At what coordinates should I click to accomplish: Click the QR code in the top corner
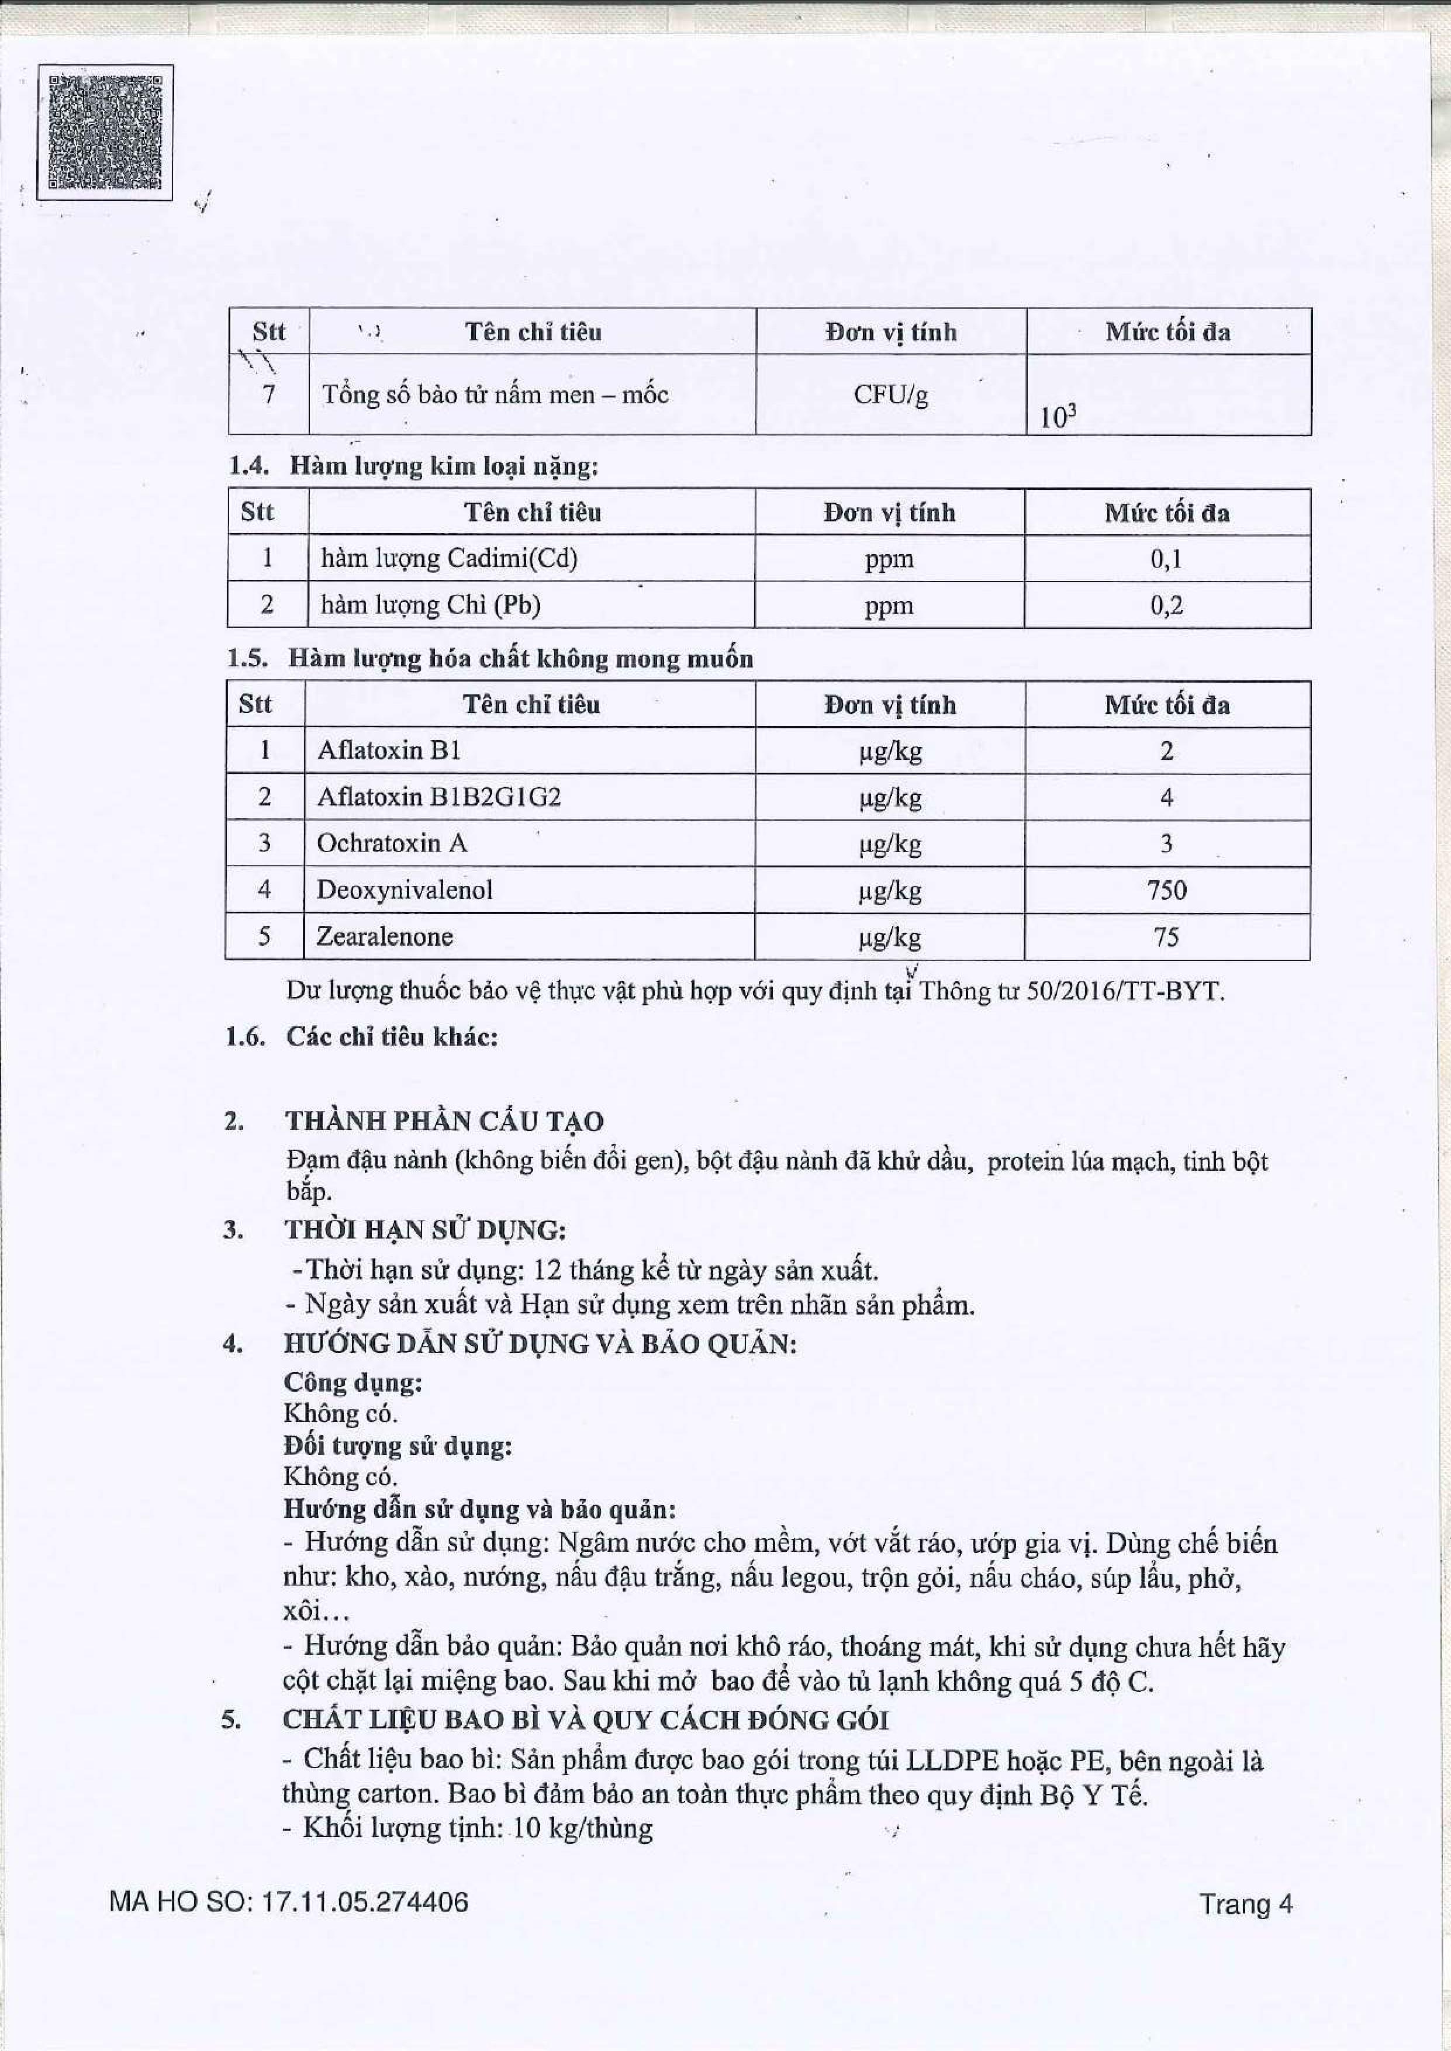[x=105, y=132]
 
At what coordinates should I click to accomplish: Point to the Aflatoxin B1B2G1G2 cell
[x=438, y=797]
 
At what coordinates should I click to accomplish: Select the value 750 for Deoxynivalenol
[x=1166, y=890]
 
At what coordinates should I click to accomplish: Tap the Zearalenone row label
[x=384, y=936]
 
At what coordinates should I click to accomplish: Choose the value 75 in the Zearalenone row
[x=1166, y=936]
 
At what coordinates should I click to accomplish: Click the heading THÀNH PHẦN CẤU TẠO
[x=444, y=1122]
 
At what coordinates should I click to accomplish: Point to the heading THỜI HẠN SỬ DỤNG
[x=425, y=1230]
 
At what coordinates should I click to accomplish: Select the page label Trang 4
[x=1245, y=1904]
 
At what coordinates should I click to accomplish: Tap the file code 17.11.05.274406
[x=364, y=1902]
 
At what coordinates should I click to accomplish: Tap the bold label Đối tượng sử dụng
[x=398, y=1446]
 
